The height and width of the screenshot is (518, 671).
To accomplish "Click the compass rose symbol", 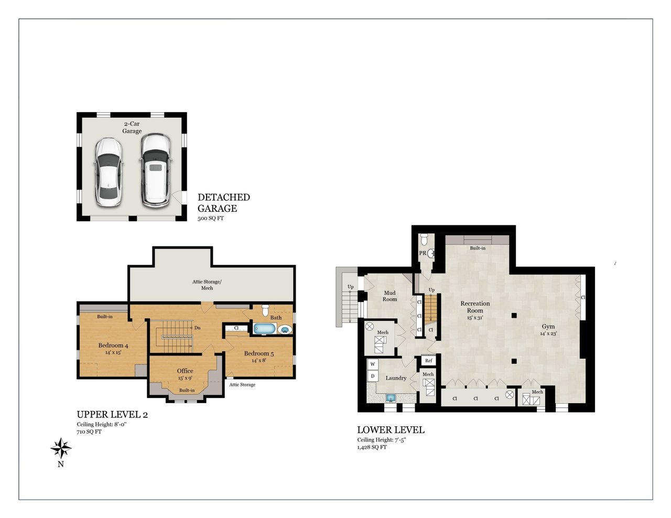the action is tap(61, 448).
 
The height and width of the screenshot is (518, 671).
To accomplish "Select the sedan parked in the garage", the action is tap(108, 172).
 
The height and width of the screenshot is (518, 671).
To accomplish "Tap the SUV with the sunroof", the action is tap(156, 170).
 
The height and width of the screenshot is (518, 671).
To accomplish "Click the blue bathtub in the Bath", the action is tap(265, 329).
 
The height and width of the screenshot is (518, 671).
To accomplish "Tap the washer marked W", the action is tap(373, 364).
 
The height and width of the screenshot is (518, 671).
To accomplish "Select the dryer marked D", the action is tap(373, 376).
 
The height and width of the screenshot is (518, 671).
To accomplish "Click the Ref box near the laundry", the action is tap(428, 361).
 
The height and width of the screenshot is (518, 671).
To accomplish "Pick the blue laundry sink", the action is tap(391, 398).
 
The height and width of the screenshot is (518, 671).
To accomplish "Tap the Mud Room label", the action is tap(389, 296).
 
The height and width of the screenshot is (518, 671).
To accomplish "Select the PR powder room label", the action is tap(423, 253).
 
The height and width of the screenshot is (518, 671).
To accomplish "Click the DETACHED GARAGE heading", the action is tap(223, 203).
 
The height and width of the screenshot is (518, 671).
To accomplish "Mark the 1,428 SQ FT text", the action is tap(372, 447).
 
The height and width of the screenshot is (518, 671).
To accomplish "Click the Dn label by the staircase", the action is tap(197, 328).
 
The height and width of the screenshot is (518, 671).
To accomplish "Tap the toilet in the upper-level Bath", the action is tap(265, 310).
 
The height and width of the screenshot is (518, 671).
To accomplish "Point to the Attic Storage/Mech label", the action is tap(207, 285).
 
